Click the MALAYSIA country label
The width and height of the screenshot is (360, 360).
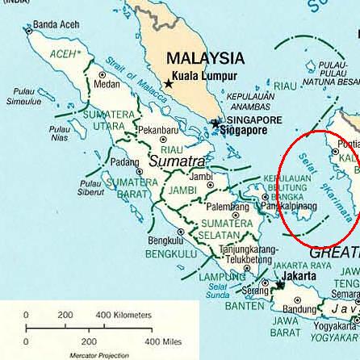pyautogui.click(x=204, y=59)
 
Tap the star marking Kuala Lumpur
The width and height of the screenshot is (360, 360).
pyautogui.click(x=170, y=83)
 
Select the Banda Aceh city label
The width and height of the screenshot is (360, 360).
pyautogui.click(x=55, y=25)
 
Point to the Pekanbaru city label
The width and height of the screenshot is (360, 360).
pyautogui.click(x=157, y=129)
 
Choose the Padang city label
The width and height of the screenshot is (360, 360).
pyautogui.click(x=124, y=161)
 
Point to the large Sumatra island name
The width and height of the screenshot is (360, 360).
pyautogui.click(x=177, y=161)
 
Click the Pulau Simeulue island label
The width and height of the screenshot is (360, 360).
pyautogui.click(x=23, y=97)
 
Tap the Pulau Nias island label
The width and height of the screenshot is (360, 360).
pyautogui.click(x=59, y=132)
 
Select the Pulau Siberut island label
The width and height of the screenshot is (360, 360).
pyautogui.click(x=90, y=187)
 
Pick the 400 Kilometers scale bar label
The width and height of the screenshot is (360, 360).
pyautogui.click(x=123, y=315)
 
